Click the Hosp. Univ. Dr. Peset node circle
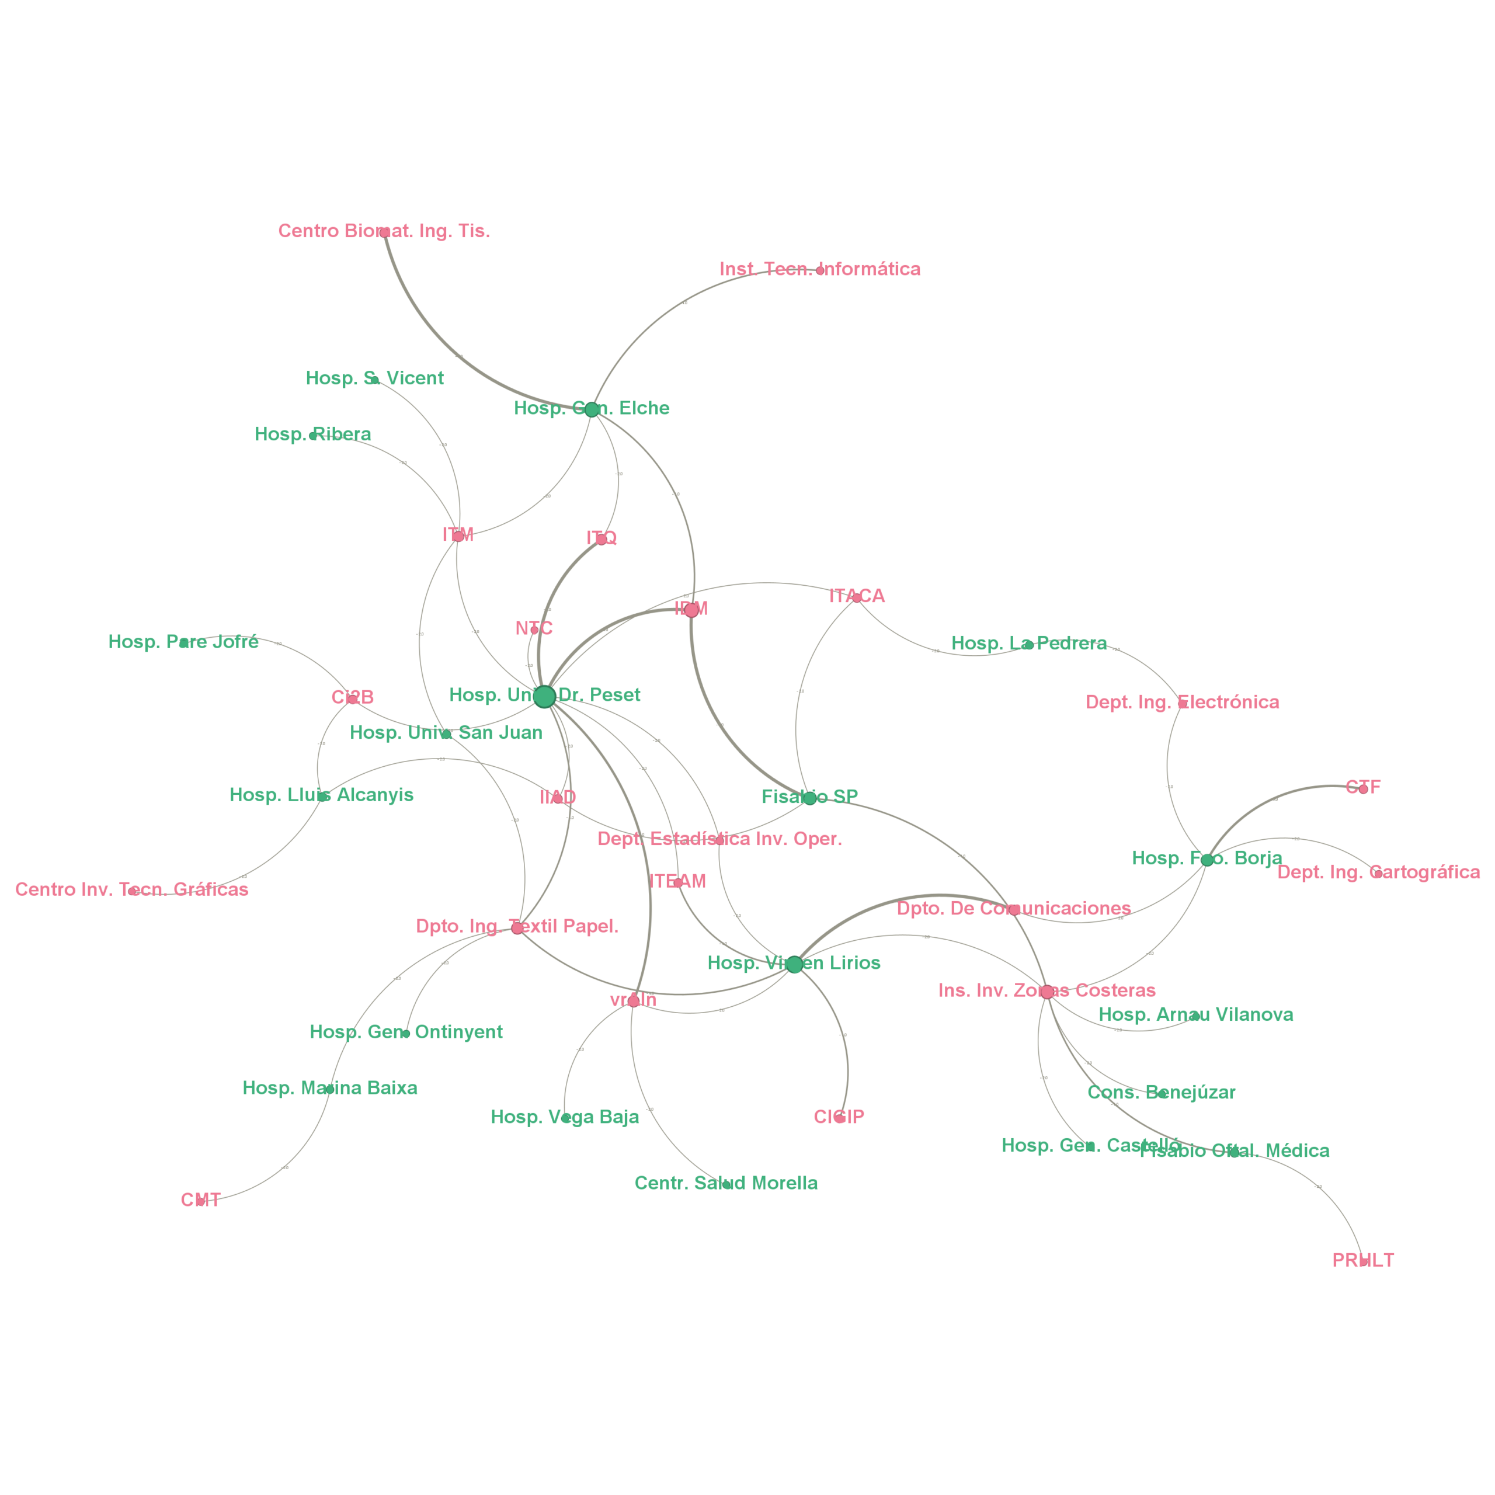pyautogui.click(x=544, y=697)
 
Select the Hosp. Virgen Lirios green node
pyautogui.click(x=794, y=965)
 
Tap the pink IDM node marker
pyautogui.click(x=691, y=610)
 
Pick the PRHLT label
pyautogui.click(x=1362, y=1261)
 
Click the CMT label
pyautogui.click(x=200, y=1200)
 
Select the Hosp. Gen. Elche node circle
pyautogui.click(x=592, y=409)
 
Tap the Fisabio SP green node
pyautogui.click(x=809, y=798)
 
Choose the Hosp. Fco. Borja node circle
pyautogui.click(x=1207, y=860)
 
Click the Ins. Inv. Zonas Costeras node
pyautogui.click(x=1046, y=992)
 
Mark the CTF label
pyautogui.click(x=1362, y=788)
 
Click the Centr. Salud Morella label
pyautogui.click(x=726, y=1183)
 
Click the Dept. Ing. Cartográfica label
pyautogui.click(x=1378, y=873)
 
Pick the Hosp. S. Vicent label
pyautogui.click(x=374, y=378)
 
